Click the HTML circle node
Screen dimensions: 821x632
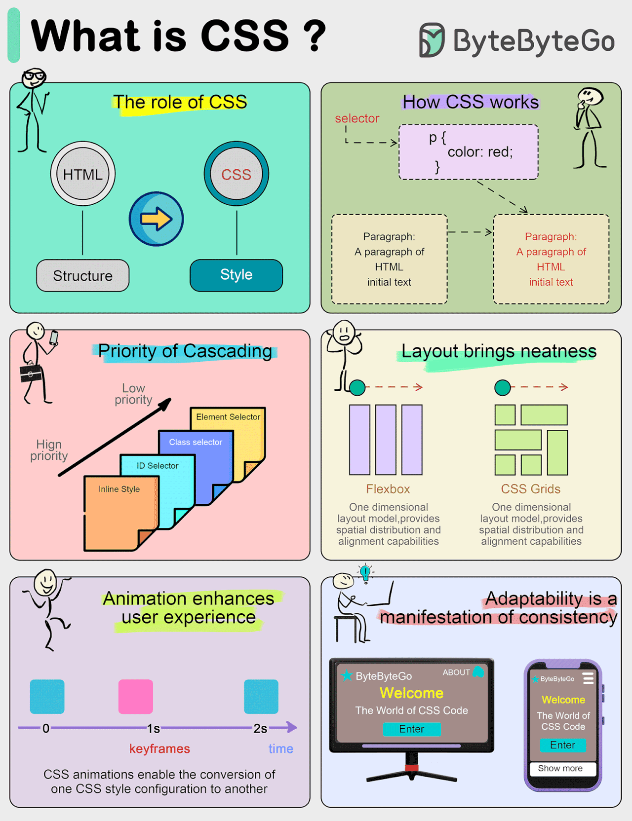point(83,174)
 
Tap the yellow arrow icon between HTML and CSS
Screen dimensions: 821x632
point(156,219)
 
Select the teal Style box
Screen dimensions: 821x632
point(236,275)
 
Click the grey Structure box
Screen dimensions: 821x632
point(82,275)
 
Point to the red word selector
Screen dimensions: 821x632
point(357,118)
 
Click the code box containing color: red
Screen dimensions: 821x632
point(468,151)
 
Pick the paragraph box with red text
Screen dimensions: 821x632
point(551,259)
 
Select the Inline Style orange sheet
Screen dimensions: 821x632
point(118,513)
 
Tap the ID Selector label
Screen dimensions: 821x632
point(158,466)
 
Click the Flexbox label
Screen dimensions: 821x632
point(388,489)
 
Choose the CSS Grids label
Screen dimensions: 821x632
point(531,489)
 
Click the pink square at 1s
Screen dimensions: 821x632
point(136,696)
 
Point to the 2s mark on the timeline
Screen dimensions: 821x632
point(260,728)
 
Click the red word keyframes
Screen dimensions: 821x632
point(159,748)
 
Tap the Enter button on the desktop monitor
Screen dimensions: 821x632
point(411,729)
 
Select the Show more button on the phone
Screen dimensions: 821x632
point(560,768)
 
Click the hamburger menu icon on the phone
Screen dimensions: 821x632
point(588,678)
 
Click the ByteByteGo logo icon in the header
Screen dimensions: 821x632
point(432,40)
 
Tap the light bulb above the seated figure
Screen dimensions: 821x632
point(365,573)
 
